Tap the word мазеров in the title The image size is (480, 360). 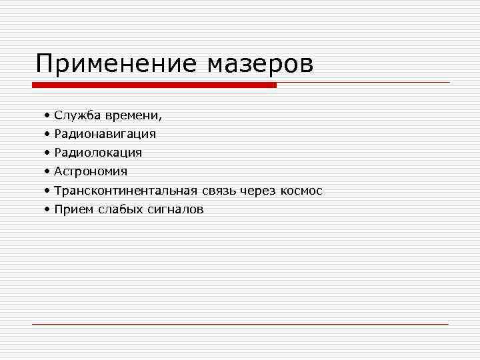[x=260, y=64]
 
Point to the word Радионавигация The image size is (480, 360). [x=105, y=134]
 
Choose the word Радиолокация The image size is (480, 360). [x=98, y=153]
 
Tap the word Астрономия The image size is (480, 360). [x=91, y=172]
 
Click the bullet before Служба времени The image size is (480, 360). [x=47, y=115]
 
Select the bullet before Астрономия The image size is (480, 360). [x=47, y=172]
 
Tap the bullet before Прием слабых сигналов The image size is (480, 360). [x=47, y=210]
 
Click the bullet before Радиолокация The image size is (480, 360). [x=47, y=153]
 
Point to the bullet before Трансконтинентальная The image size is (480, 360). [x=47, y=191]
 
